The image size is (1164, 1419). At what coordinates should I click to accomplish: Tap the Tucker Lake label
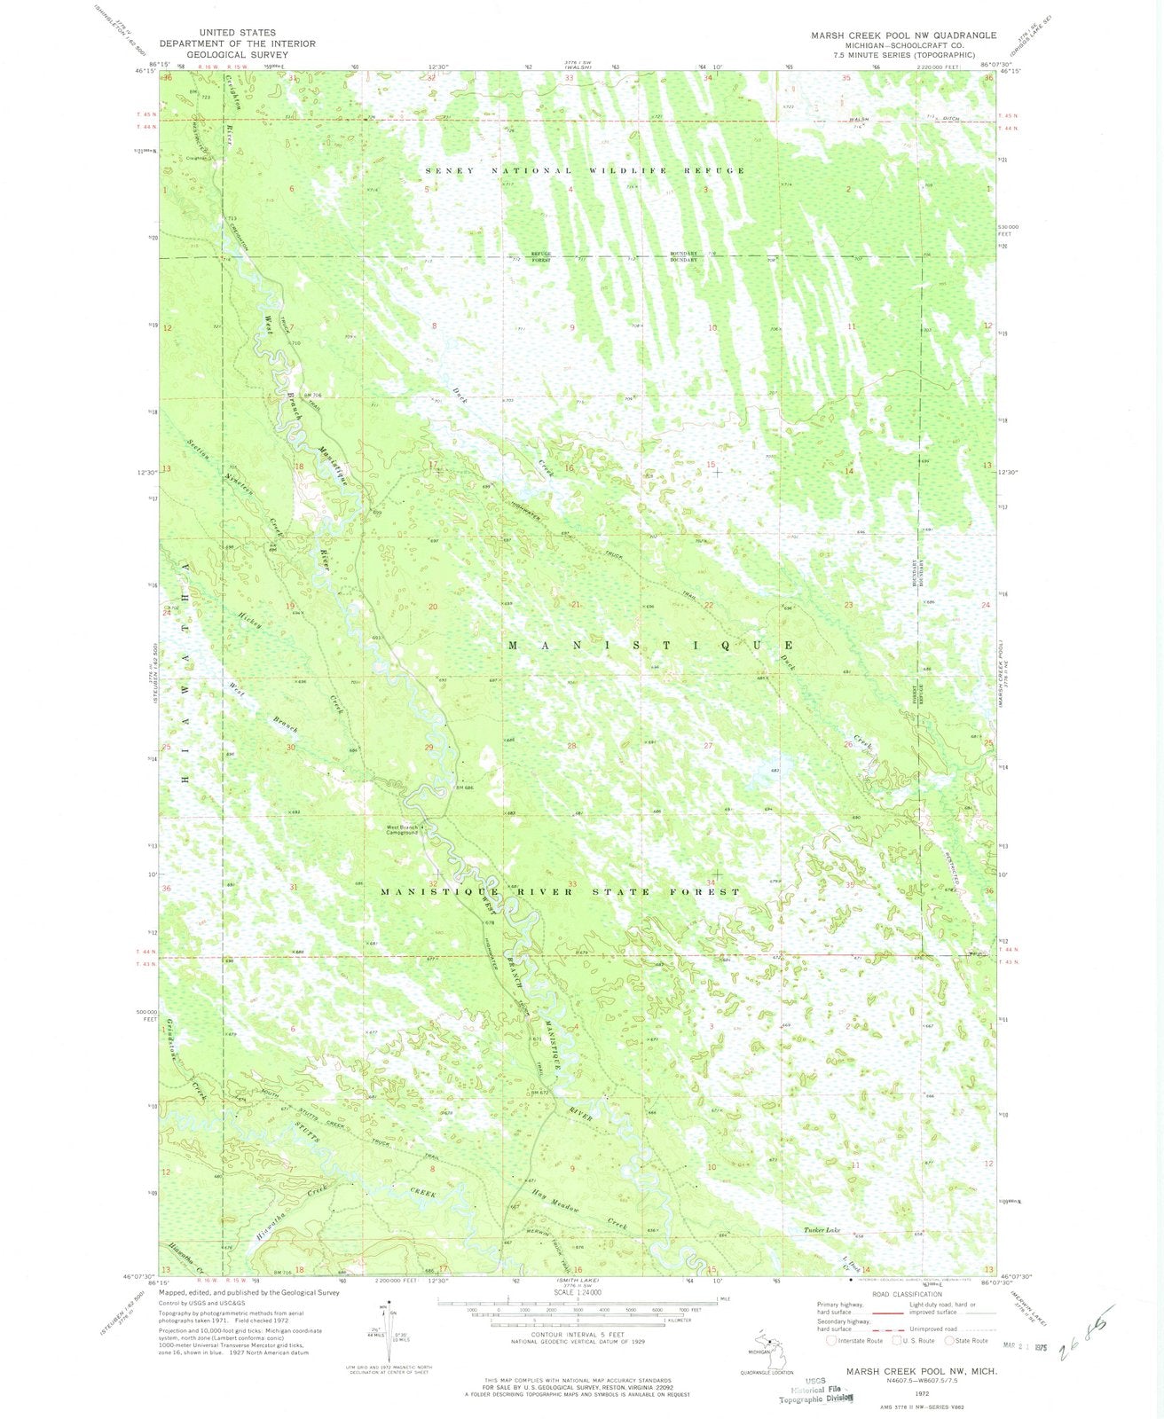point(822,1230)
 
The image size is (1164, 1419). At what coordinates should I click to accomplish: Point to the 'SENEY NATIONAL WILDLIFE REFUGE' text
point(585,169)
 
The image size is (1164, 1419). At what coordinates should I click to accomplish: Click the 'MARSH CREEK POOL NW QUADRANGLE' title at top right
point(903,35)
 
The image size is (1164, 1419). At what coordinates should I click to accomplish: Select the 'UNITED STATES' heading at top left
point(238,33)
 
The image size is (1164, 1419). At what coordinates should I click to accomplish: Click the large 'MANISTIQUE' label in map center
point(650,645)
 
